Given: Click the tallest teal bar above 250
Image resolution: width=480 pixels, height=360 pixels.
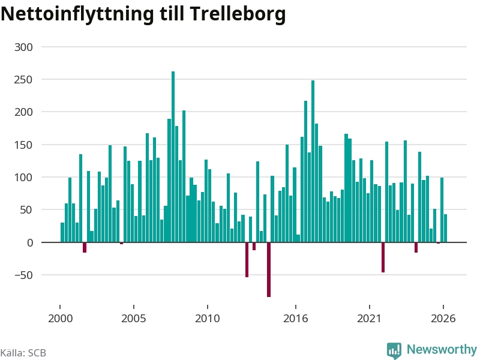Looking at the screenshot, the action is coord(173,157).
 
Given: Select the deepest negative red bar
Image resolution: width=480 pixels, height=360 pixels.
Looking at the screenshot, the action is coord(269,269).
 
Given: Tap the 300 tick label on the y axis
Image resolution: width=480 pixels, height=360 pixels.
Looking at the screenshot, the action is coord(23,47).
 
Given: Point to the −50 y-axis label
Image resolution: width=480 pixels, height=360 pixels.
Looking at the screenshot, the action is coord(23,275).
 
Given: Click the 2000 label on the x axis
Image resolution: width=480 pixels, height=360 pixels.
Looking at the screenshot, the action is coord(61,319).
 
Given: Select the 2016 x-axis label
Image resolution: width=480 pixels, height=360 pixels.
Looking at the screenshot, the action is coord(295,319).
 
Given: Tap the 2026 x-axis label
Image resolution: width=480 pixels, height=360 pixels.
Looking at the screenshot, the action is coord(443,319).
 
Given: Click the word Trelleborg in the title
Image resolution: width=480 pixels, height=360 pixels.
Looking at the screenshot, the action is coord(238,14).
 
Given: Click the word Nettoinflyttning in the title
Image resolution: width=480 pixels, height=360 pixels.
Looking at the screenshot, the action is coord(77,14).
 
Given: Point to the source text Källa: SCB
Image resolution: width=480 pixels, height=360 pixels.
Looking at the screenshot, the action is coord(23,353).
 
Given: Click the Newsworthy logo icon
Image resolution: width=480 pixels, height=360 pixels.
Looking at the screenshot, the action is coord(394,350).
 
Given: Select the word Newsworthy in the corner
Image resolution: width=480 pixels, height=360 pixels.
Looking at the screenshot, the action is coord(442,349).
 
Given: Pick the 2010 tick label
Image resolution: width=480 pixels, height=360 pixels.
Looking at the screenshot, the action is coord(208,319).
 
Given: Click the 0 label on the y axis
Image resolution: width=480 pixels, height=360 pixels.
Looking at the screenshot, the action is coord(30,243).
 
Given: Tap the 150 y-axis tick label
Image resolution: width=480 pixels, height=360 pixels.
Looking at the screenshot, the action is coord(23,145).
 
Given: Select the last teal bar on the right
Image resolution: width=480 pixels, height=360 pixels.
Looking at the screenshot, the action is coord(445,228).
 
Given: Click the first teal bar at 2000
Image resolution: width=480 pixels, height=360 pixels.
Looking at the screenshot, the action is coord(62,232).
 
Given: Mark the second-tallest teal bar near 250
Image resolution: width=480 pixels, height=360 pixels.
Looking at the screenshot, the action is coord(313,161).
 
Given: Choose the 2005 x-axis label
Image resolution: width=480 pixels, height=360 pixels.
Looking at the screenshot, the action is coord(134,319).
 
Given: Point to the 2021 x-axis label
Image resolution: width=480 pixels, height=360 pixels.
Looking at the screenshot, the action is coord(369,319).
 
